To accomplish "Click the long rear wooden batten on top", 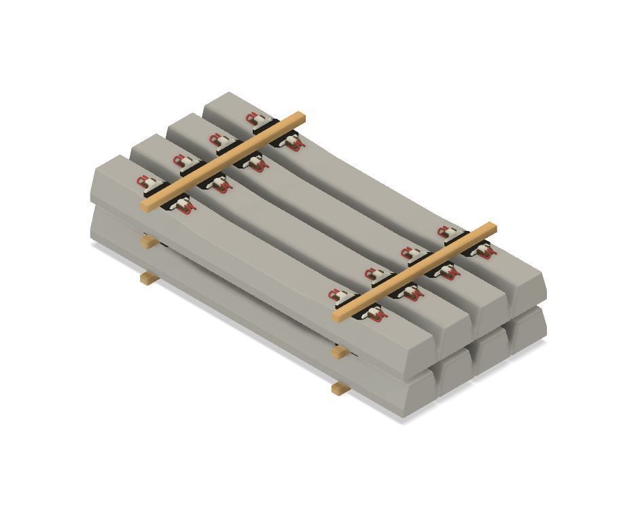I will click(x=224, y=162).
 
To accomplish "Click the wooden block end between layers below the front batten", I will click(x=340, y=353).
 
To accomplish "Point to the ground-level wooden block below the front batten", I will click(x=340, y=389).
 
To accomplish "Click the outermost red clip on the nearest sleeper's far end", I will click(x=143, y=181).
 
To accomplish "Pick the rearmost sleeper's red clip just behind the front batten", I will click(x=446, y=232).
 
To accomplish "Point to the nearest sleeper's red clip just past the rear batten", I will click(x=185, y=205).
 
